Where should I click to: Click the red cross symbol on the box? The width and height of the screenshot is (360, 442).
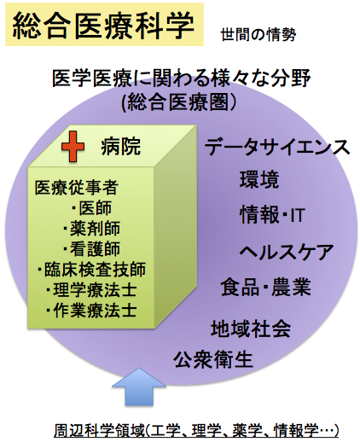tap(73, 147)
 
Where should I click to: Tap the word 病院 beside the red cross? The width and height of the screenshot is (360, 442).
tap(121, 147)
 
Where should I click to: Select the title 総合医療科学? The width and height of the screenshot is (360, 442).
tap(103, 25)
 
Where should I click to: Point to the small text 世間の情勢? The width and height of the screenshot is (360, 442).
tap(258, 35)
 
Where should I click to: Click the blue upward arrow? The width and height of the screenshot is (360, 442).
tap(139, 387)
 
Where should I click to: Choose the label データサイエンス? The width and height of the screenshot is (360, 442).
tap(277, 147)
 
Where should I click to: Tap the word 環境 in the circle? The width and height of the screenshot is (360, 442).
tap(259, 179)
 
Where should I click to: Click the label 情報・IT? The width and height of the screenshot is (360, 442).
tap(272, 215)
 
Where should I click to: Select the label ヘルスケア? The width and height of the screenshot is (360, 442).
tap(287, 252)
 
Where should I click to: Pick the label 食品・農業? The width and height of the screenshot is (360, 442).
tap(266, 287)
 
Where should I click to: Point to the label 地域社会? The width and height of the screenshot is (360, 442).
tap(251, 329)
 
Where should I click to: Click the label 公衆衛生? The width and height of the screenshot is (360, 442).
tap(213, 359)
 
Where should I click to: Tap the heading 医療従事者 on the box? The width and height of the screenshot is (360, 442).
tap(77, 188)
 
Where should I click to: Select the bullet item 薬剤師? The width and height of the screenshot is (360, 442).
tap(92, 229)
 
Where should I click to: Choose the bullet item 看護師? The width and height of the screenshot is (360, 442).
tap(92, 249)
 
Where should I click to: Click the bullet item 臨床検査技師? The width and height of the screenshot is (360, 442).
tap(91, 270)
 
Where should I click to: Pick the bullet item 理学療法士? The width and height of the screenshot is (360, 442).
tap(92, 290)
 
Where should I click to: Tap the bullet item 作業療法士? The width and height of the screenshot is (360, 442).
tap(92, 311)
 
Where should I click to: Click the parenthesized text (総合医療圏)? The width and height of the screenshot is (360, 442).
tap(179, 102)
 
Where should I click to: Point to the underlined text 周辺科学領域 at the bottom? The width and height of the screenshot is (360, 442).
tap(99, 430)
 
